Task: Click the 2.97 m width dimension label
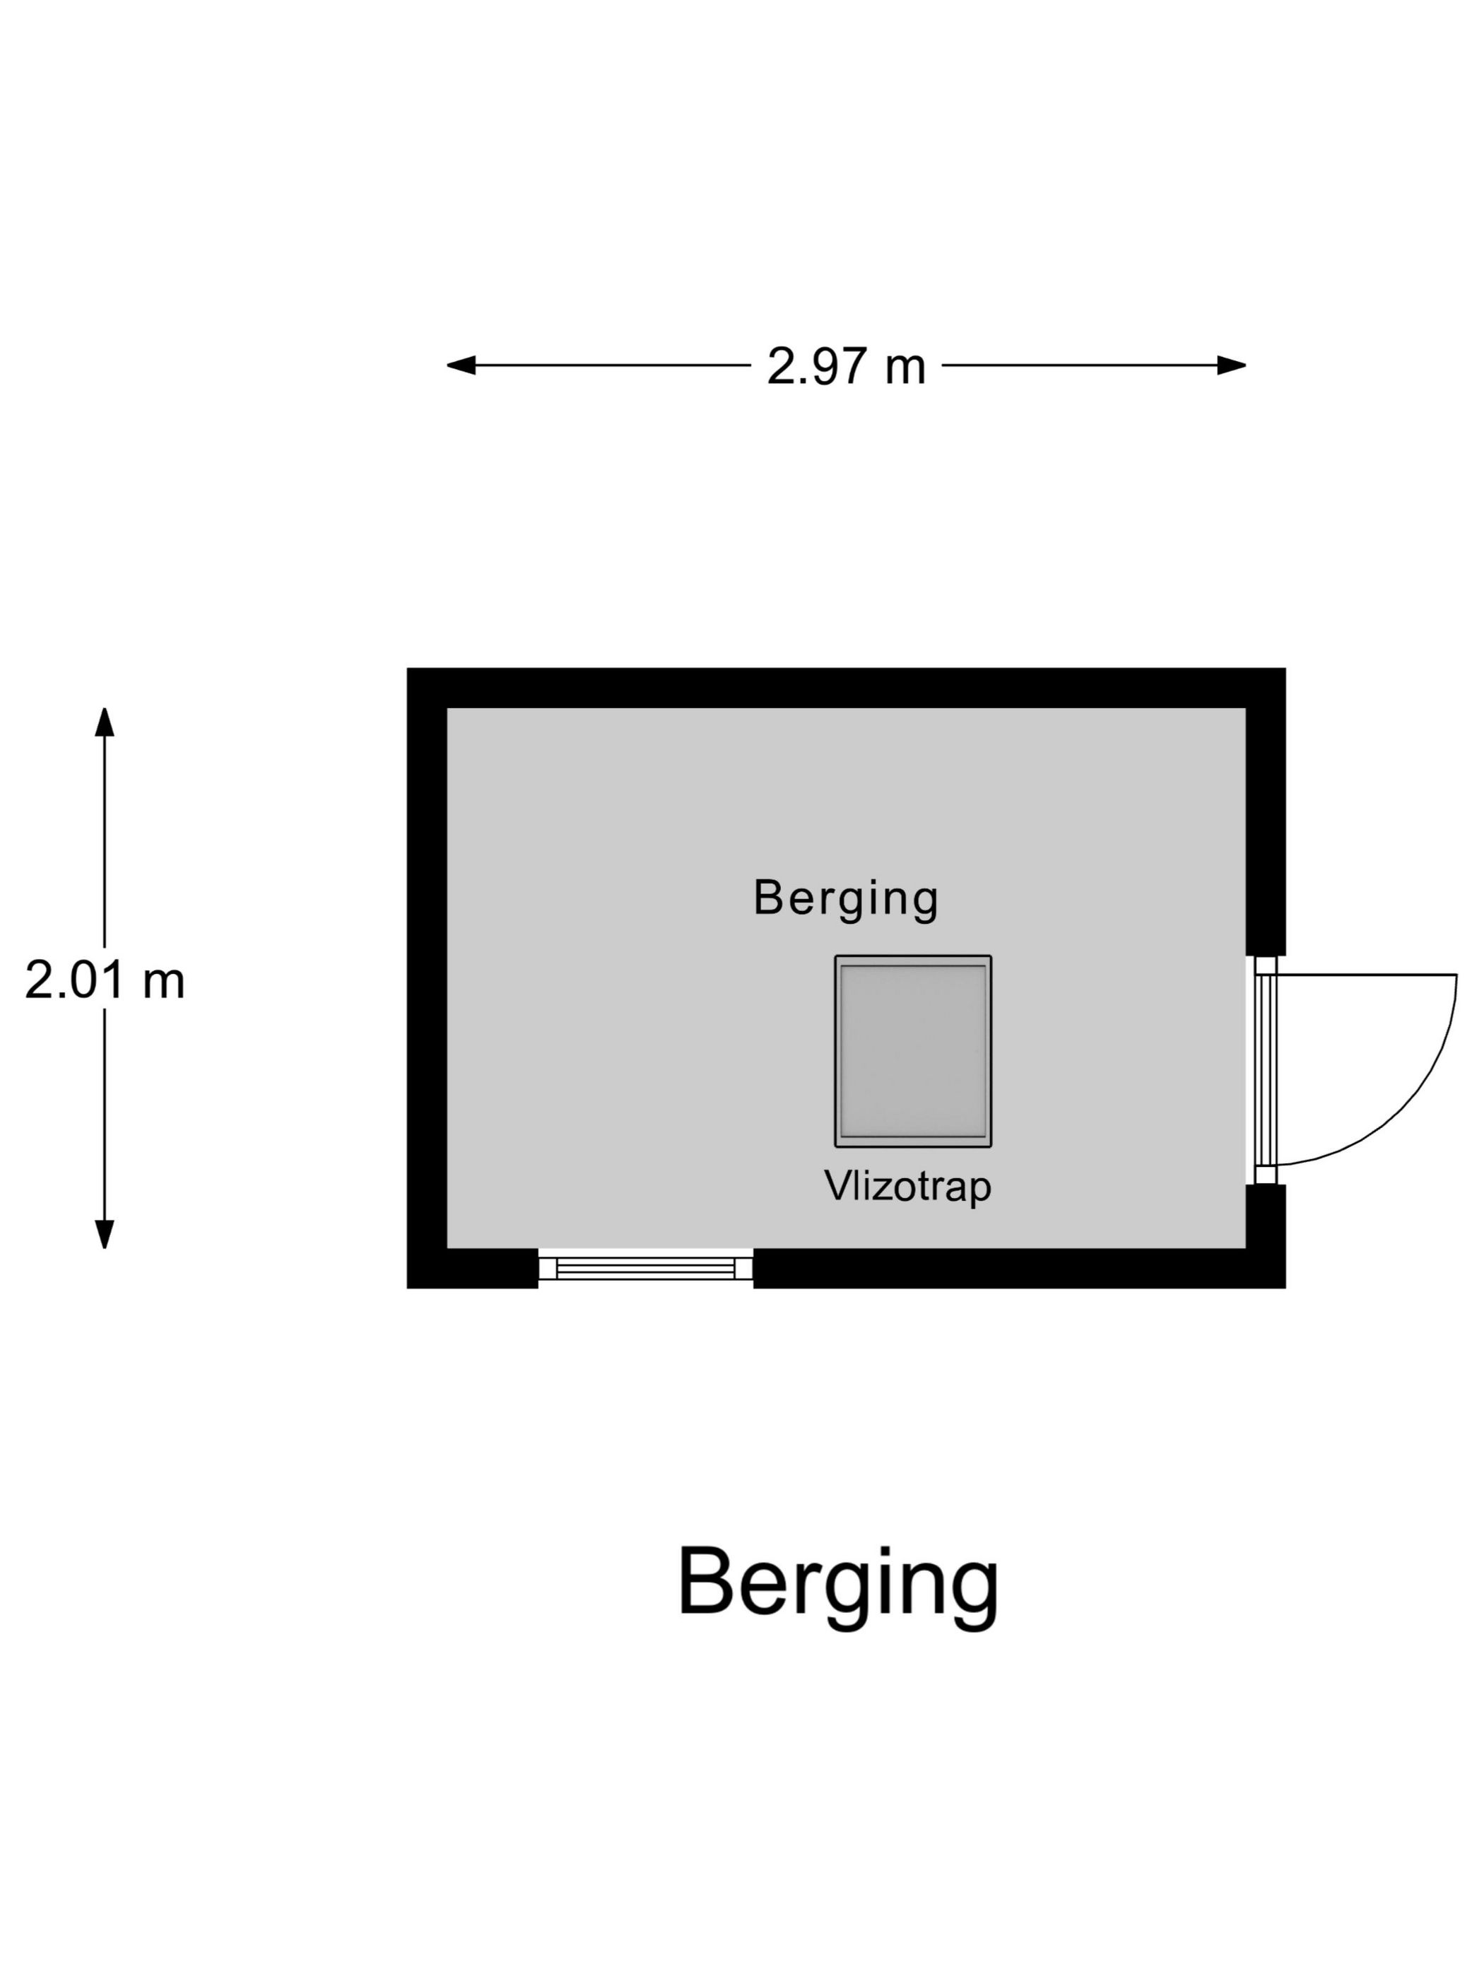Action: click(845, 366)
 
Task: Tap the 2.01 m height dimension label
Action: click(105, 980)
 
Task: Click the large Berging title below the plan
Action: click(837, 1590)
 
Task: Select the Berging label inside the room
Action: click(845, 898)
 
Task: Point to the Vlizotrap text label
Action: click(907, 1187)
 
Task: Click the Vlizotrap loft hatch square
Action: click(912, 1050)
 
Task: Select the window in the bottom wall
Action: click(645, 1268)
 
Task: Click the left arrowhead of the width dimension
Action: click(461, 365)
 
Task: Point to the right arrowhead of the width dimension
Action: click(1232, 365)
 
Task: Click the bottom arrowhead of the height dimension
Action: click(105, 1234)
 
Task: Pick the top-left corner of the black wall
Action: click(408, 669)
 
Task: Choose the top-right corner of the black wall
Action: click(1285, 669)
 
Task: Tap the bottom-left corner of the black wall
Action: click(408, 1288)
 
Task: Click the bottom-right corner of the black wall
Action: click(1285, 1288)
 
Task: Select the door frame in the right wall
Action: click(1265, 1070)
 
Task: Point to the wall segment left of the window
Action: click(472, 1269)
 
